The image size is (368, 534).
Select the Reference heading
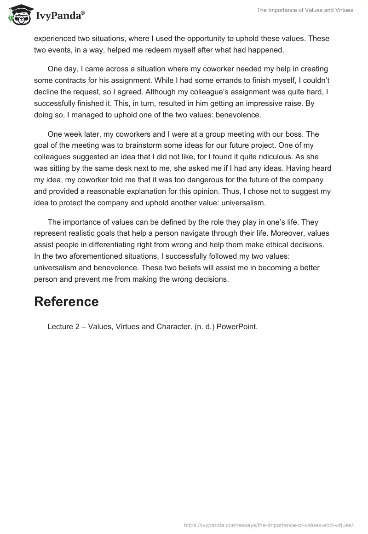(67, 302)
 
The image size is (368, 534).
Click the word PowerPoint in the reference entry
(237, 326)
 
